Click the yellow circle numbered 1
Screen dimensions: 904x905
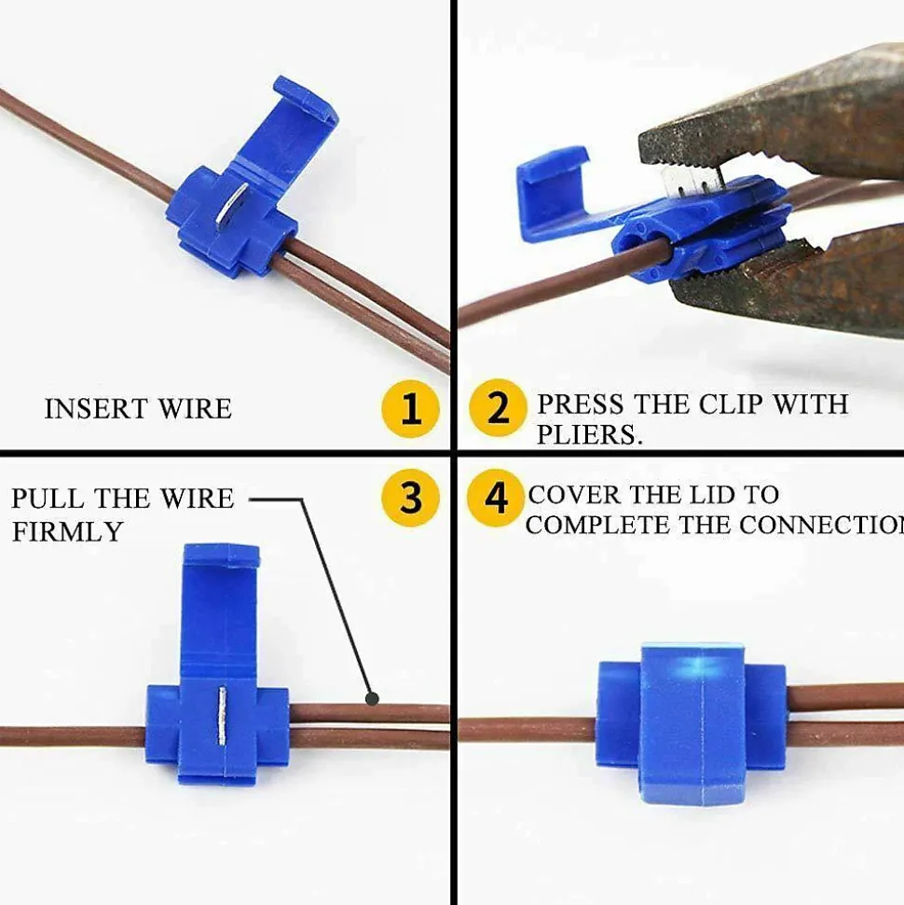coord(410,408)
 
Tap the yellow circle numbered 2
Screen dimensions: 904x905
coord(498,408)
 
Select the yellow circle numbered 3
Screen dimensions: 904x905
coord(410,498)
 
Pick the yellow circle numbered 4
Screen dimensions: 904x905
coord(495,498)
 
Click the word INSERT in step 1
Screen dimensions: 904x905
coord(96,408)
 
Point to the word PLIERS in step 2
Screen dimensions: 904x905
coord(589,434)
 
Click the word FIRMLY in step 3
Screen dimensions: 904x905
coord(67,531)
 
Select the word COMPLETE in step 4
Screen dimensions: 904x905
coord(598,525)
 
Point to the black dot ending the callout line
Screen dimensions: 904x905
coord(373,699)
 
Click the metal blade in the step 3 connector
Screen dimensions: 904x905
coord(222,715)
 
